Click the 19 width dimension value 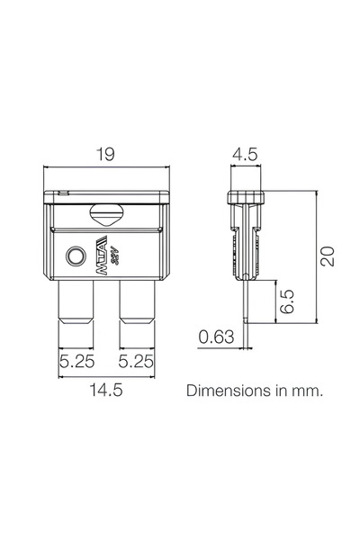(105, 154)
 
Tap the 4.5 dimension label (246, 154)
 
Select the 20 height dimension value (328, 256)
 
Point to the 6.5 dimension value (287, 301)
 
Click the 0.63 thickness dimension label (216, 337)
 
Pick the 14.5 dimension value (106, 391)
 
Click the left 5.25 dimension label (76, 362)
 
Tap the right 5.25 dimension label (136, 362)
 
